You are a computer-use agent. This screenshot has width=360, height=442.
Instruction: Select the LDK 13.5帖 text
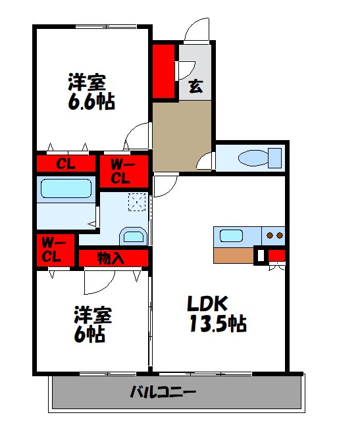[217, 314]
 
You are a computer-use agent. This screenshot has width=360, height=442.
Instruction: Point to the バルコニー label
[163, 393]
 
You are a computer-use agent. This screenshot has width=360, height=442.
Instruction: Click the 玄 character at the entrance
[195, 86]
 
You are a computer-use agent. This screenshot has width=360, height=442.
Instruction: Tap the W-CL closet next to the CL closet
[124, 170]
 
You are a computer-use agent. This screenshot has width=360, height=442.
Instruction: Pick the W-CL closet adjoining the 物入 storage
[53, 250]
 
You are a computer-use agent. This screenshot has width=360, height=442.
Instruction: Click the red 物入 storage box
[112, 257]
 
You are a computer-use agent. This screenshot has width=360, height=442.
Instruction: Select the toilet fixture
[256, 159]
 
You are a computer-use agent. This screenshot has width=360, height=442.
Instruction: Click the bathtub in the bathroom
[65, 189]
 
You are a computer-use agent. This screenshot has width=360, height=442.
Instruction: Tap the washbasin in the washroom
[134, 236]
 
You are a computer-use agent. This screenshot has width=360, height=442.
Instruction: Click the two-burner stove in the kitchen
[273, 235]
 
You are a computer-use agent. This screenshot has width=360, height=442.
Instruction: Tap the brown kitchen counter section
[234, 255]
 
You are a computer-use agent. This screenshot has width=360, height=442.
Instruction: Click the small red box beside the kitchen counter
[276, 255]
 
